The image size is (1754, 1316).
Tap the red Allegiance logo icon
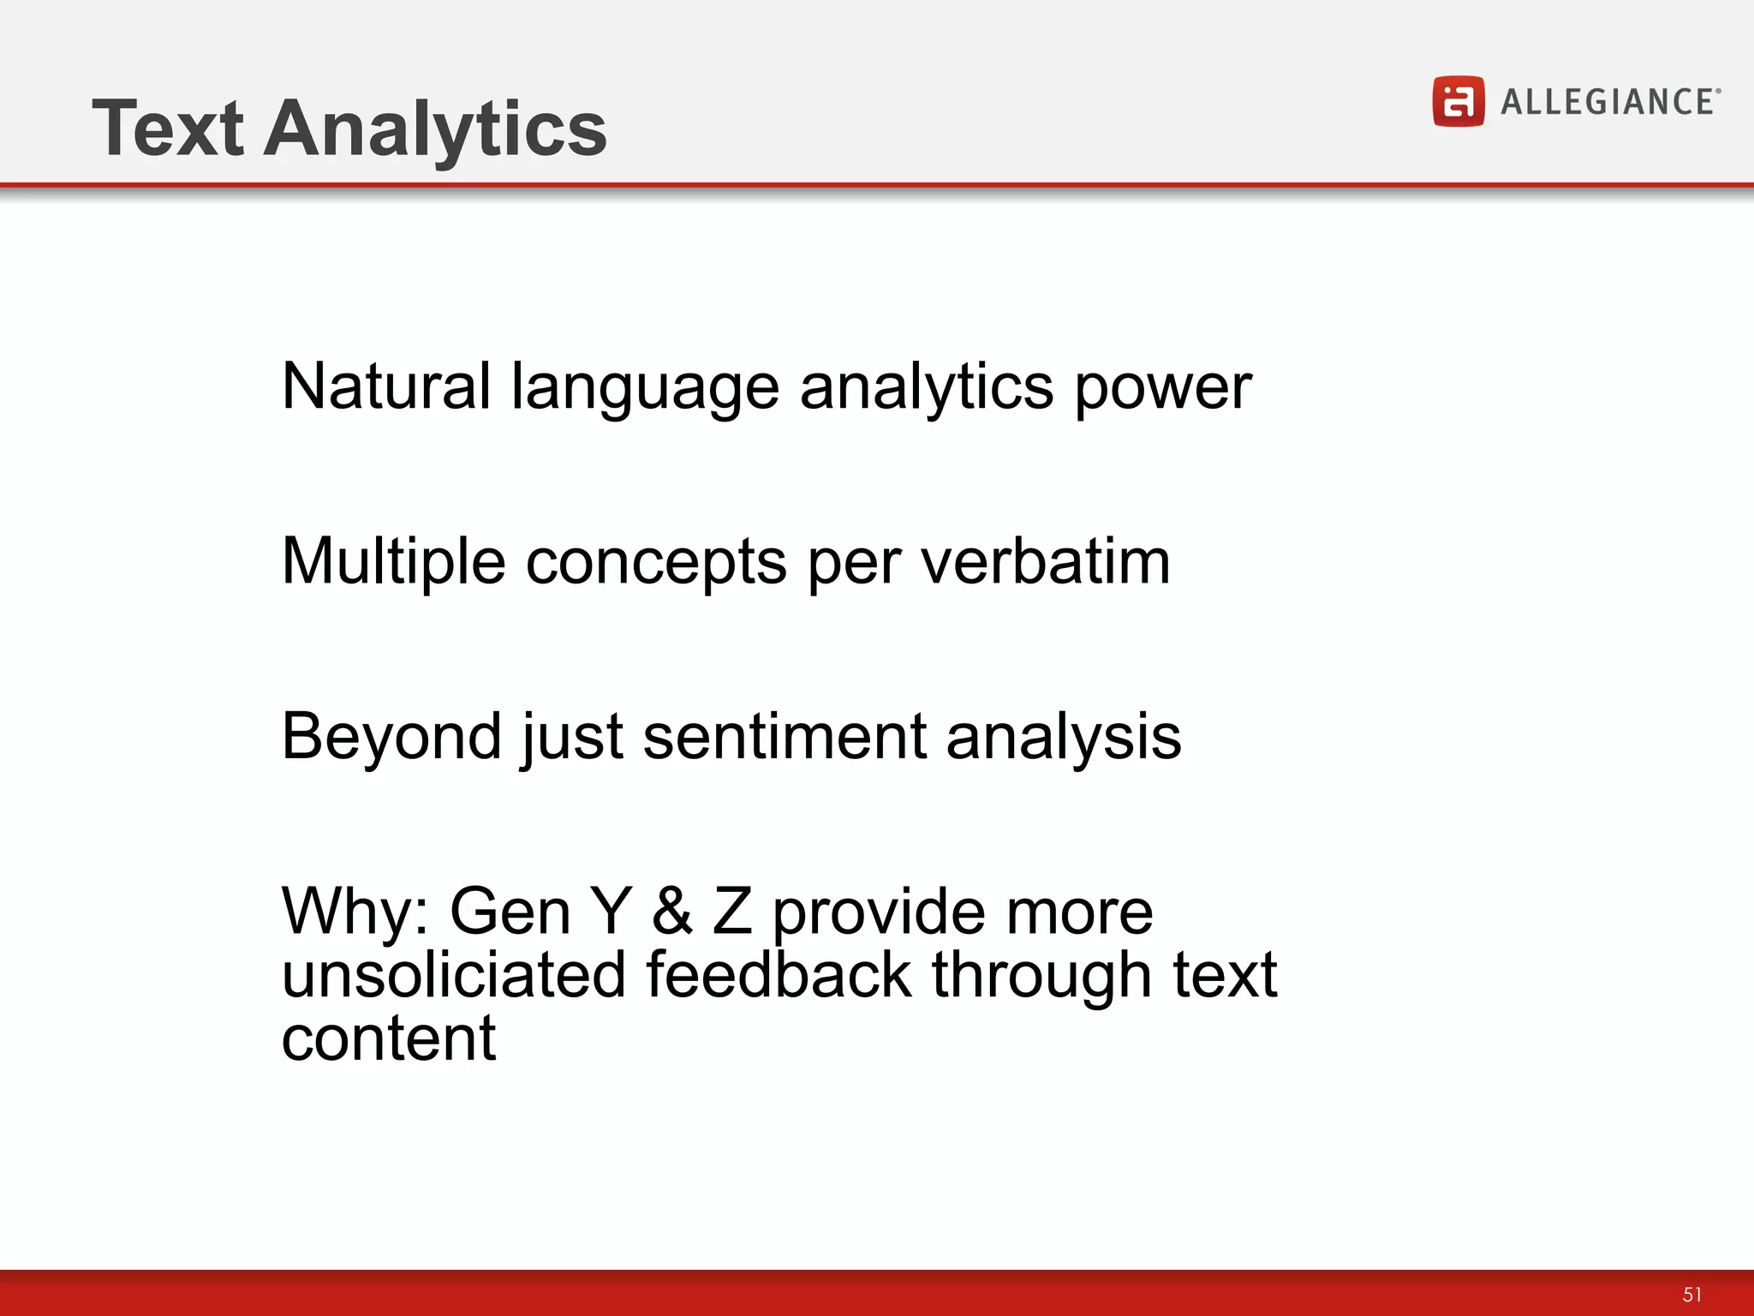click(x=1458, y=101)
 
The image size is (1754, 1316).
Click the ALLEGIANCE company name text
click(x=1608, y=102)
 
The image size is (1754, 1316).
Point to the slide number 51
click(x=1691, y=1294)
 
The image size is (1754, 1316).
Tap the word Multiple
click(x=393, y=562)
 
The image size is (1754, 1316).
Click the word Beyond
click(x=391, y=737)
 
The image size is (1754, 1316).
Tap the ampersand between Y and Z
click(x=672, y=911)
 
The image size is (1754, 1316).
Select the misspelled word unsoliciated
click(x=454, y=975)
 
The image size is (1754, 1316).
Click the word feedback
click(x=779, y=975)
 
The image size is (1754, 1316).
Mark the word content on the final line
click(x=388, y=1038)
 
